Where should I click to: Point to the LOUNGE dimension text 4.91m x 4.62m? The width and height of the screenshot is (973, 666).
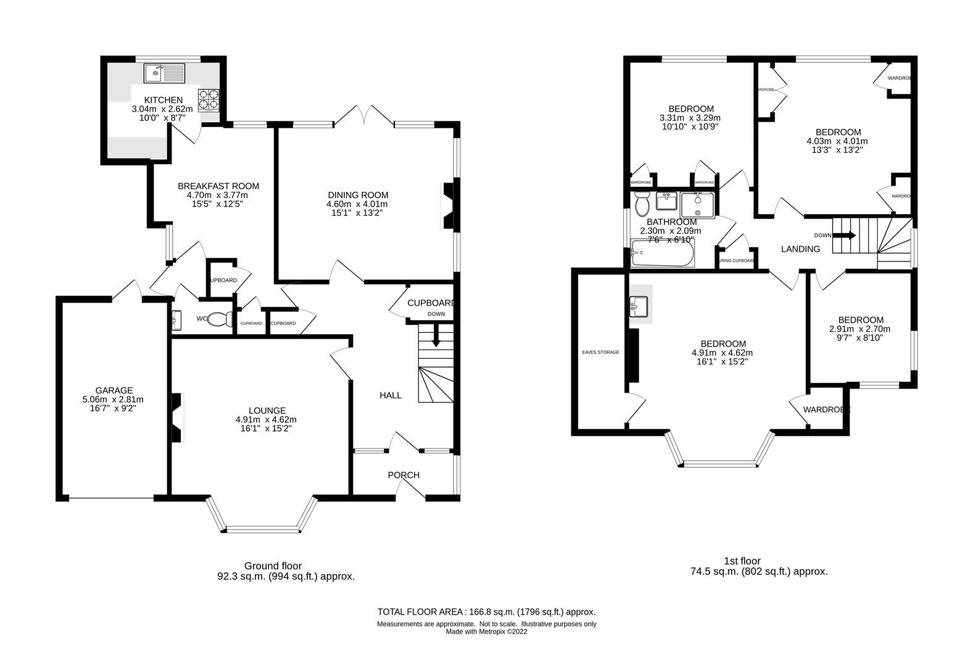[x=267, y=419]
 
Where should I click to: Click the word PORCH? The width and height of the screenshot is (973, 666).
[x=404, y=475]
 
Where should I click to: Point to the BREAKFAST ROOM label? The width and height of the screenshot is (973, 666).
[x=218, y=186]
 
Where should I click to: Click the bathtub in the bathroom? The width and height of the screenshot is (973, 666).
[x=663, y=253]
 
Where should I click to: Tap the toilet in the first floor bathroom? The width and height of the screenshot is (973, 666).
[x=642, y=203]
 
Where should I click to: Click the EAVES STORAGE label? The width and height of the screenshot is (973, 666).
[x=600, y=352]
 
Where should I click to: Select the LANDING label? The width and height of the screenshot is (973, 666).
[x=800, y=249]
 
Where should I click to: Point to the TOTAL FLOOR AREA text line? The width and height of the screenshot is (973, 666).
[x=486, y=612]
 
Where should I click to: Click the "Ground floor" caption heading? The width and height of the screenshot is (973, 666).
[x=273, y=565]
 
